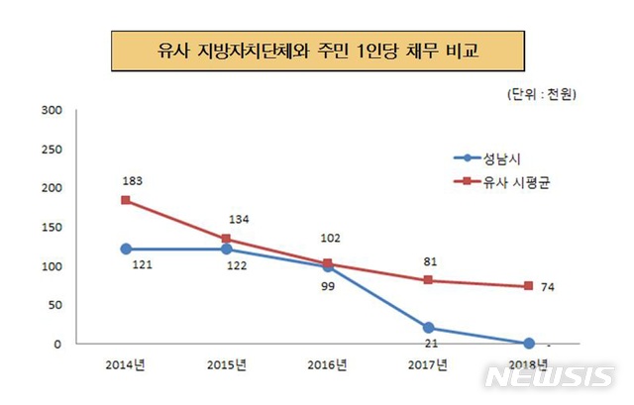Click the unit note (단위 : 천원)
(541, 95)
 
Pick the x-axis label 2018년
(529, 364)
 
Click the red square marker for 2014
(124, 200)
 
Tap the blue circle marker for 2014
(124, 249)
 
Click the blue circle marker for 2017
(428, 327)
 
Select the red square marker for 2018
(529, 286)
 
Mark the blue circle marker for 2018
(529, 343)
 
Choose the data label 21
(428, 346)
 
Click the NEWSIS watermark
(549, 377)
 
